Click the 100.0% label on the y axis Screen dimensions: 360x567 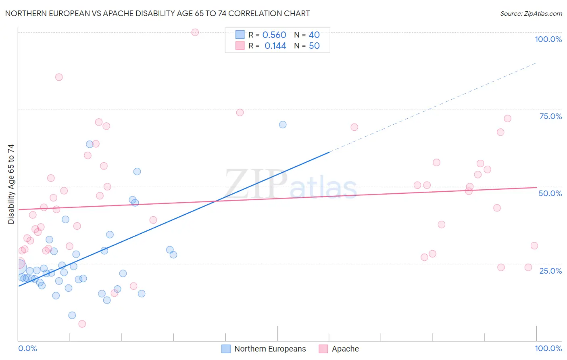click(548, 39)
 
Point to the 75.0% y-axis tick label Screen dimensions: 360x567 click(550, 116)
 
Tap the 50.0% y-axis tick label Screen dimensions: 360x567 click(550, 193)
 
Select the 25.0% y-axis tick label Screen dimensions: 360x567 click(550, 270)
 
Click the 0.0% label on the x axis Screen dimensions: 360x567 click(27, 348)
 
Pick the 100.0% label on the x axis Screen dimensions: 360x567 click(548, 348)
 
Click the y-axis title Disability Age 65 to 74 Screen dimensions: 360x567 click(11, 184)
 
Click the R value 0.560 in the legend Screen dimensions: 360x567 click(274, 35)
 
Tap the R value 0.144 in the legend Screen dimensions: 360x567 click(275, 46)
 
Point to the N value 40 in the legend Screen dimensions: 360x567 click(314, 35)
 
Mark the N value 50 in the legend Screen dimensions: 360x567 click(314, 46)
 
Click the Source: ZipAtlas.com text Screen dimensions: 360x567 click(531, 13)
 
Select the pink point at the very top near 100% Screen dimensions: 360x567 click(195, 32)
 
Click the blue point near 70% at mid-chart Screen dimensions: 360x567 click(283, 125)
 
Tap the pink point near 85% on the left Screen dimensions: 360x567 click(59, 77)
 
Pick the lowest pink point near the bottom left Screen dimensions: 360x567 click(82, 324)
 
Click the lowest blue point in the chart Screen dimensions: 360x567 click(72, 315)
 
